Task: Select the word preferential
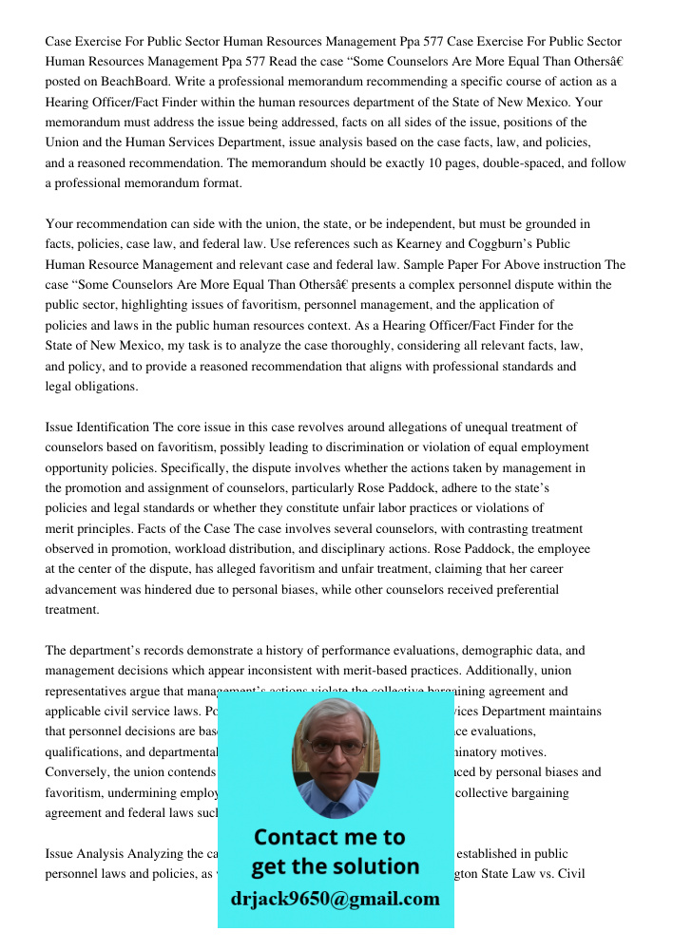(521, 590)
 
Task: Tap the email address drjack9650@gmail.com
(335, 899)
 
